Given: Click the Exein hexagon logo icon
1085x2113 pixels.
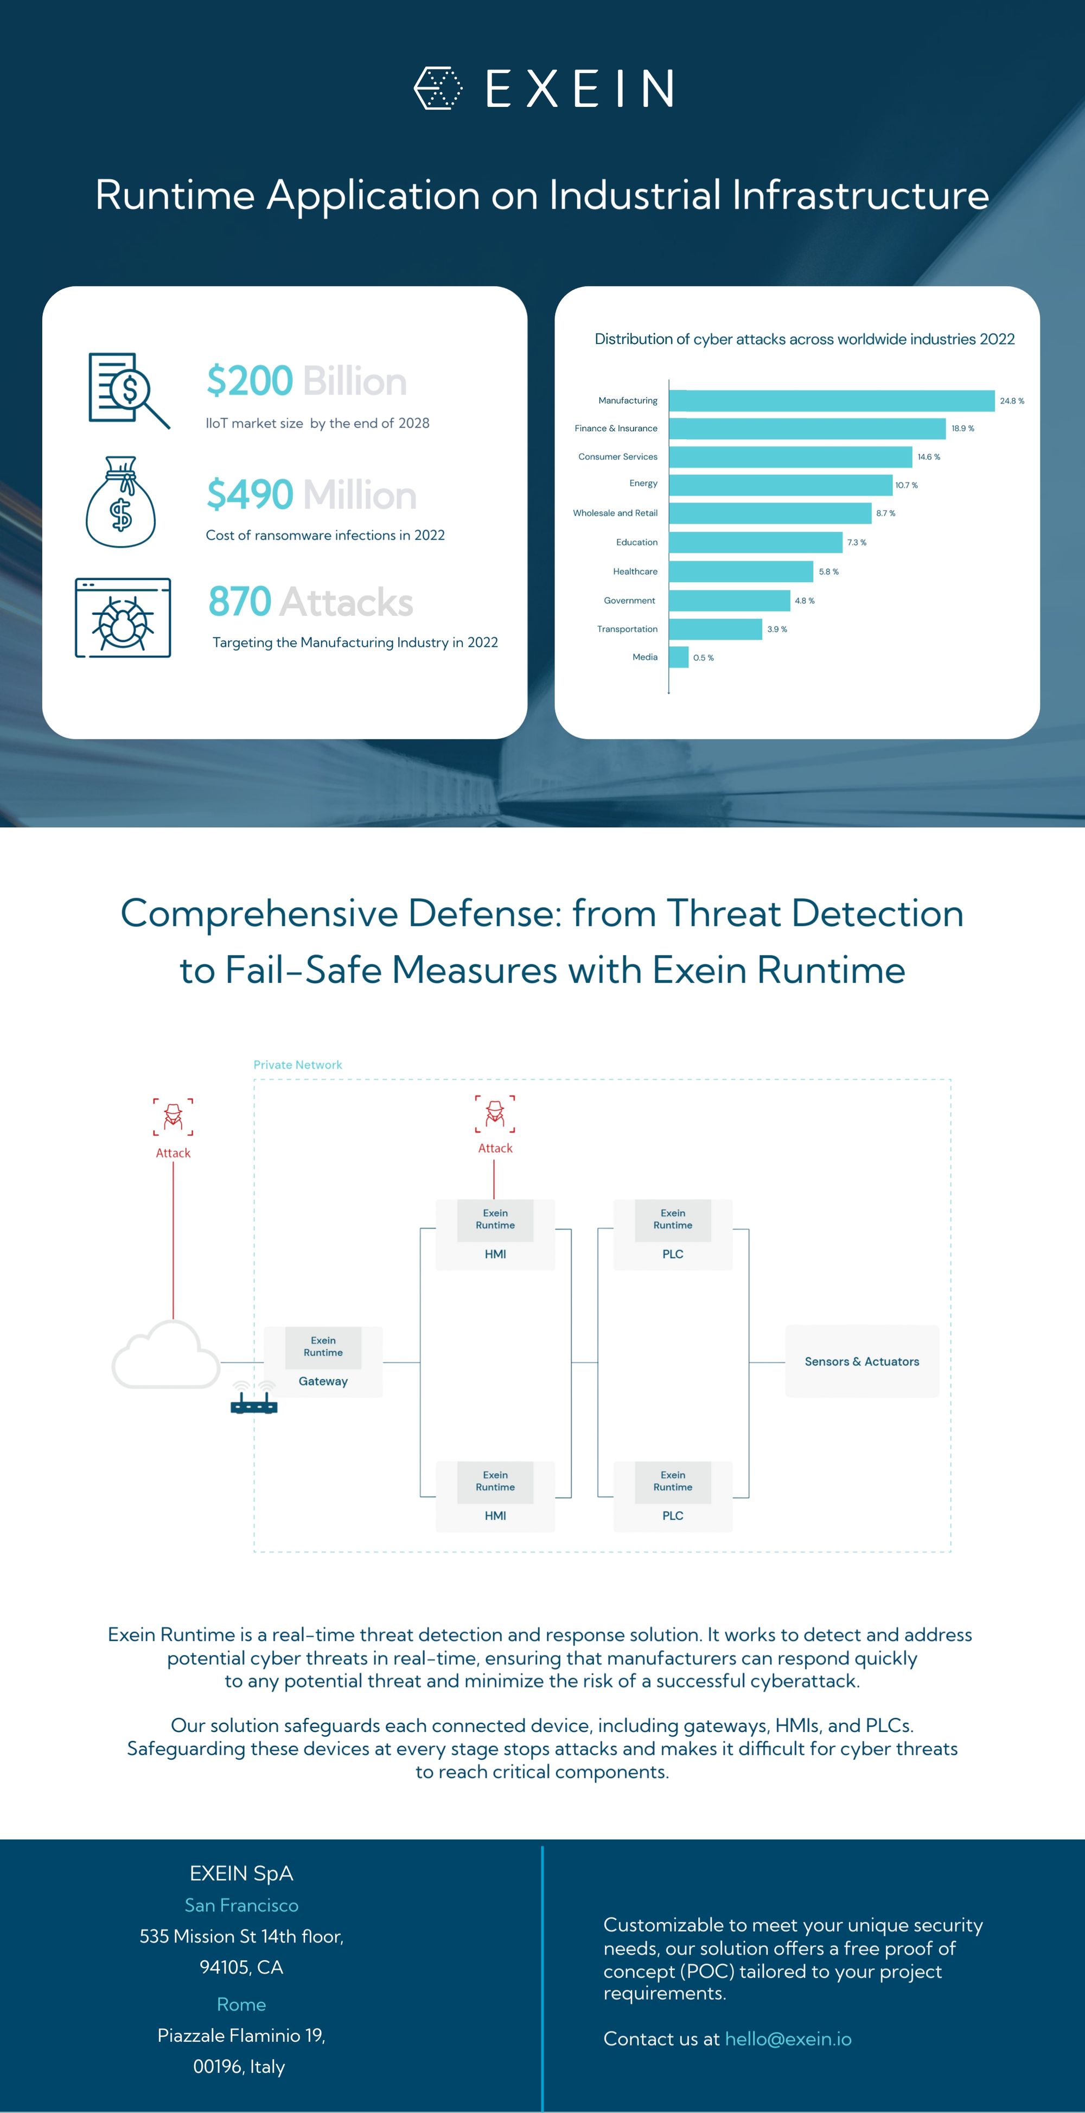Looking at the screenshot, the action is pyautogui.click(x=438, y=88).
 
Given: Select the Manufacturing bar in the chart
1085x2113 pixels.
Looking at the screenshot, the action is pyautogui.click(x=832, y=400).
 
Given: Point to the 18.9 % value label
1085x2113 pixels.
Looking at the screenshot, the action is pyautogui.click(x=963, y=428).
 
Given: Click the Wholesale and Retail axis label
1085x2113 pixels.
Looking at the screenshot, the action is pyautogui.click(x=615, y=513).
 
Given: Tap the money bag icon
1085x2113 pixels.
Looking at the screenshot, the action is pyautogui.click(x=120, y=502).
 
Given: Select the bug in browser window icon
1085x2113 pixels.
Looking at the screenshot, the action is pyautogui.click(x=123, y=618).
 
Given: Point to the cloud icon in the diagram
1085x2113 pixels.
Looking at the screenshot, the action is pyautogui.click(x=165, y=1354).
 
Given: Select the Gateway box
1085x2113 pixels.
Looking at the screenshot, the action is pyautogui.click(x=323, y=1361).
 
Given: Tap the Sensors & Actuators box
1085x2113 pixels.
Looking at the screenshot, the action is pyautogui.click(x=862, y=1361).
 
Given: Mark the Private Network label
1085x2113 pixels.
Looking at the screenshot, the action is pyautogui.click(x=298, y=1065).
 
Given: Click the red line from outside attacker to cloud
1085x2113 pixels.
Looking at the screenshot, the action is pyautogui.click(x=173, y=1240).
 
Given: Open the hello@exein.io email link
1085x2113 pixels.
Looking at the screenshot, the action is pyautogui.click(x=788, y=2039).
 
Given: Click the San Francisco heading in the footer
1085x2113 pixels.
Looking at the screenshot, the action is pyautogui.click(x=241, y=1905).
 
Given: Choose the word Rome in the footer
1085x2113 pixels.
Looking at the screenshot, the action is pyautogui.click(x=241, y=2004).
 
